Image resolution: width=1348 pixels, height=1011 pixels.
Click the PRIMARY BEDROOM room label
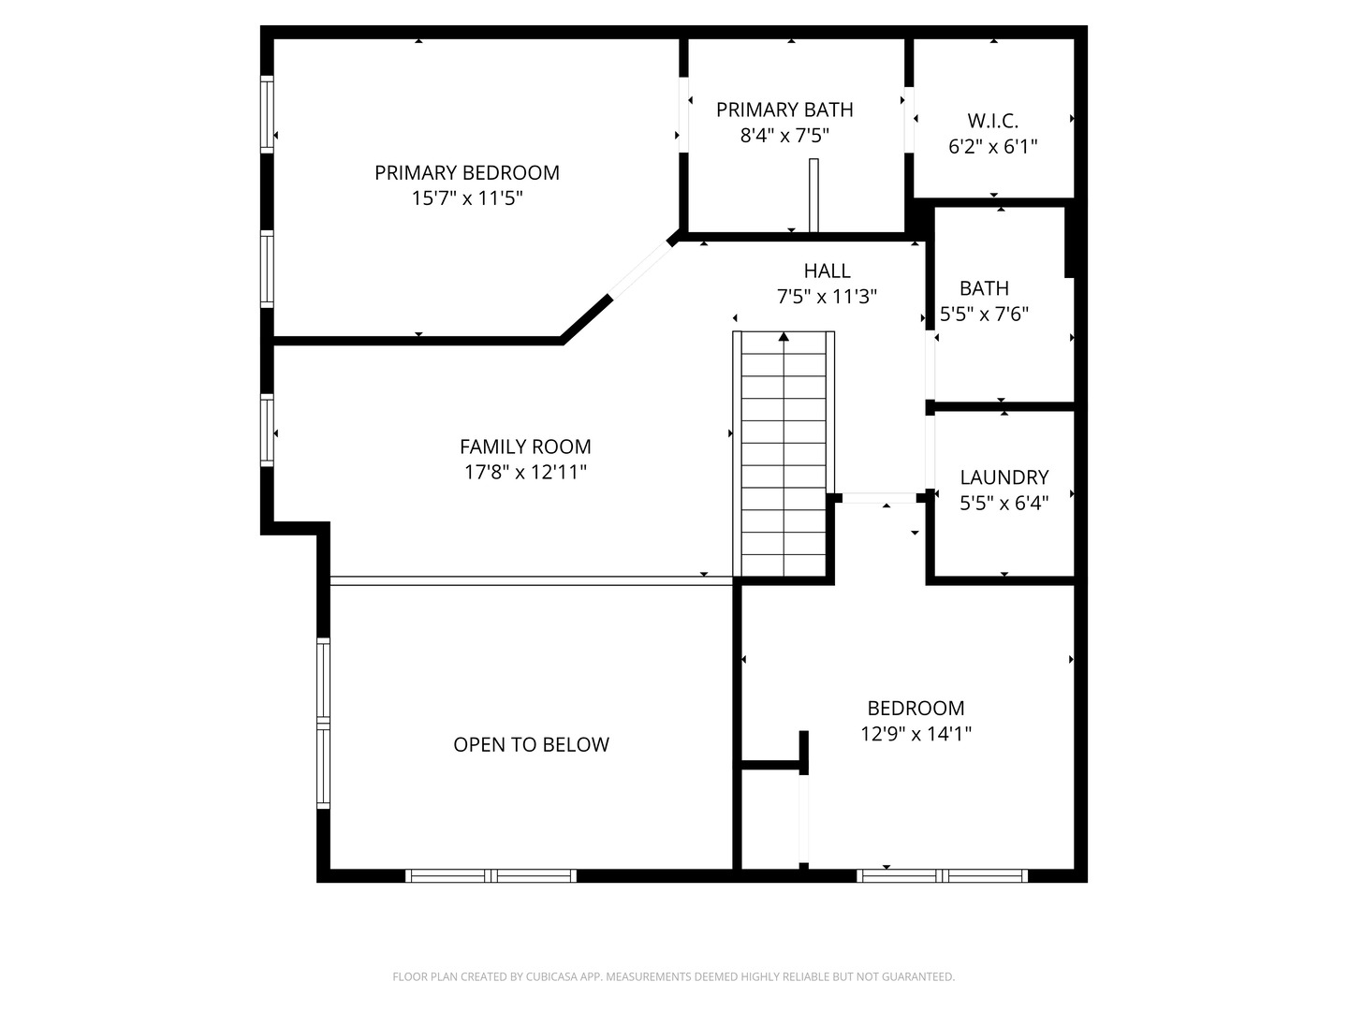[467, 173]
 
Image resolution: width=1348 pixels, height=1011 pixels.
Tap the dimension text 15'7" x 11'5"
[467, 198]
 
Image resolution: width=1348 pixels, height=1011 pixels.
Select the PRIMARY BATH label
[784, 110]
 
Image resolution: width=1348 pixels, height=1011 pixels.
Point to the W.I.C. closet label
[992, 121]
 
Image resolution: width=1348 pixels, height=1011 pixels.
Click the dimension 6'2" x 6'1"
[992, 147]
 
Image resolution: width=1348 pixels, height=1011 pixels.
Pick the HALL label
[827, 271]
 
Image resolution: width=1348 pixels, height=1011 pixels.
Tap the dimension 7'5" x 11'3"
[827, 297]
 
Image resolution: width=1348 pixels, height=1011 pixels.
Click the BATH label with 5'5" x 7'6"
[984, 288]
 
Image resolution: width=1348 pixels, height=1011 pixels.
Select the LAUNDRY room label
[1004, 477]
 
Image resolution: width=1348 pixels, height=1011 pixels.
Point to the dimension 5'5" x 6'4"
[1004, 503]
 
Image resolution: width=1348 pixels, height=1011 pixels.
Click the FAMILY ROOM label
[525, 447]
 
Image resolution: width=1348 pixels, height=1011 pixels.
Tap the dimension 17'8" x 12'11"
[525, 472]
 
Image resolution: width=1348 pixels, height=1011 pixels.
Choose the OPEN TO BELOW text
[531, 744]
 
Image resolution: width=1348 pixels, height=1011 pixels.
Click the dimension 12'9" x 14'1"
[916, 734]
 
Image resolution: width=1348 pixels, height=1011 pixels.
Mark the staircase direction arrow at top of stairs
[784, 336]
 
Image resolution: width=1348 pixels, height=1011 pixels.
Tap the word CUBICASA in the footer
[551, 976]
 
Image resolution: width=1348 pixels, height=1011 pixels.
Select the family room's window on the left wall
[267, 430]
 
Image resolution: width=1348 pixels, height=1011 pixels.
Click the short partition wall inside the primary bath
[813, 196]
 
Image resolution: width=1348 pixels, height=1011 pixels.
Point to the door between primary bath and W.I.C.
[909, 120]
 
